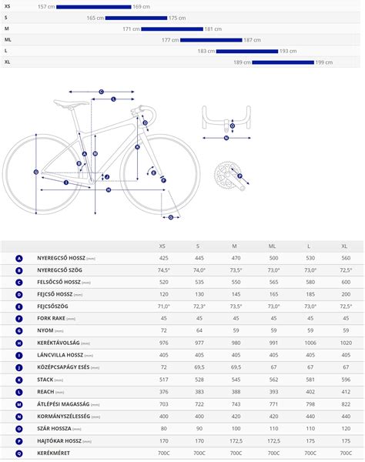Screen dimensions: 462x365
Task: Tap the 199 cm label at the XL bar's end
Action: [323, 62]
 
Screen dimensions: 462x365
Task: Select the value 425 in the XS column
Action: [163, 258]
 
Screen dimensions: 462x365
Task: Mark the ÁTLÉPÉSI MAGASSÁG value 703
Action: [163, 404]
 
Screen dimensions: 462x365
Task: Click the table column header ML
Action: [272, 246]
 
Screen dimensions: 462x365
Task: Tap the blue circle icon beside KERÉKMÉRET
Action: [19, 453]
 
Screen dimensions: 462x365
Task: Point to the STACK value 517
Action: [163, 380]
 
